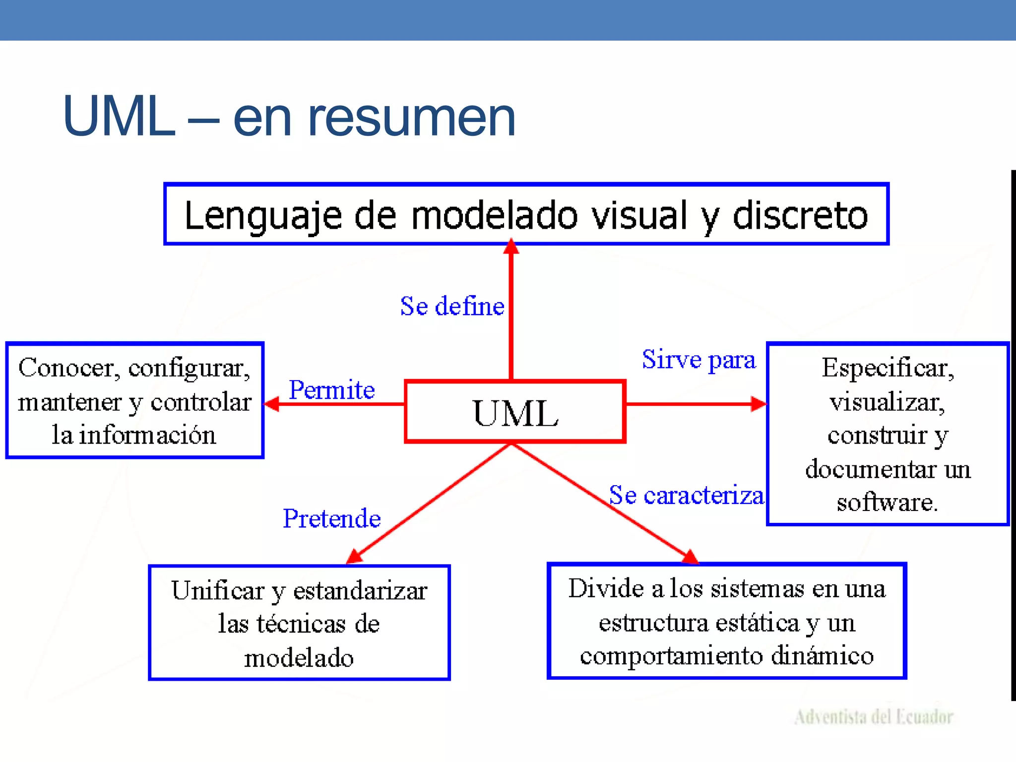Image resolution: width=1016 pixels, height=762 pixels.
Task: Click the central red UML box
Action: [x=515, y=412]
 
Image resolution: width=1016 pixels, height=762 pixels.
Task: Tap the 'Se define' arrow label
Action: [x=452, y=306]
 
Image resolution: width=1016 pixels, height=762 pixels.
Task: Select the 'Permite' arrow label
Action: [x=331, y=390]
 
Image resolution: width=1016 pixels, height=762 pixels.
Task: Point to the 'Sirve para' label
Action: [x=698, y=360]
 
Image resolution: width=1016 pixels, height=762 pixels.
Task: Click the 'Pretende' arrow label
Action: [x=331, y=519]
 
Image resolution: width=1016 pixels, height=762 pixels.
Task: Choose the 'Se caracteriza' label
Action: [x=686, y=495]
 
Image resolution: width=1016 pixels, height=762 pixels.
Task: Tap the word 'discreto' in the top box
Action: [x=800, y=216]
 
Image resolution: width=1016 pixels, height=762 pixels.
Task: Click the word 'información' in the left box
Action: [x=147, y=435]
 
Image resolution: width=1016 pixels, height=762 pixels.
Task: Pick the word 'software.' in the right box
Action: [x=887, y=503]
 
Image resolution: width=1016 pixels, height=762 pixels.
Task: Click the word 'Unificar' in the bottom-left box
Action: [x=218, y=590]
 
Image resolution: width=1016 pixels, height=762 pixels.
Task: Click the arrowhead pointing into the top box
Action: [x=511, y=247]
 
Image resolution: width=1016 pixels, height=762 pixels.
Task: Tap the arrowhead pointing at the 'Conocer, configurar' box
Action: [x=272, y=404]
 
